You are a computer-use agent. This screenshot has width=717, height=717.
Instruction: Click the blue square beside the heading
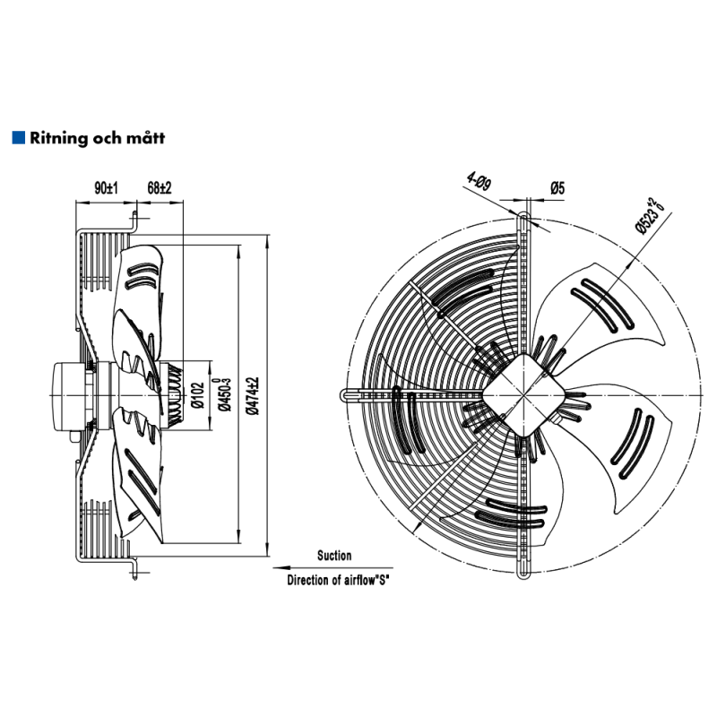(x=17, y=138)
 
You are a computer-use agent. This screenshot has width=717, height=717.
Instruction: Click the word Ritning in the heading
(x=56, y=139)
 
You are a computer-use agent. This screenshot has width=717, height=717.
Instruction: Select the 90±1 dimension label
(x=107, y=188)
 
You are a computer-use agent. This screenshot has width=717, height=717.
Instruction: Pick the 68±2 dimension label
(x=159, y=188)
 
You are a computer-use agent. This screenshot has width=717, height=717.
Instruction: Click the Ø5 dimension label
(x=556, y=187)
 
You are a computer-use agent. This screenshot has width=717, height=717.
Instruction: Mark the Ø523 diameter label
(x=650, y=216)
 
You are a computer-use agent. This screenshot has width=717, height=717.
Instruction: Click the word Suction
(x=334, y=556)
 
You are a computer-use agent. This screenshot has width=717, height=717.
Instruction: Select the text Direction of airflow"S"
(x=338, y=580)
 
